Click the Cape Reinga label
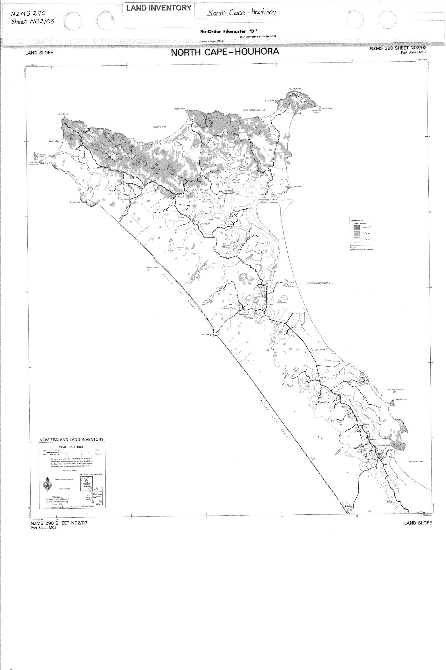click(64, 114)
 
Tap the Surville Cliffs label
click(295, 89)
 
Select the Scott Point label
click(75, 202)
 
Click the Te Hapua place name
click(229, 191)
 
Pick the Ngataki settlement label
click(322, 377)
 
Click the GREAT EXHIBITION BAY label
click(319, 283)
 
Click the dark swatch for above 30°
click(357, 227)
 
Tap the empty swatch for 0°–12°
click(357, 240)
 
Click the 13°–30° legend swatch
click(357, 233)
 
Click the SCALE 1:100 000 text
click(71, 447)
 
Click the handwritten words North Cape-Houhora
click(242, 13)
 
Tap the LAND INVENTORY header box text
click(159, 8)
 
